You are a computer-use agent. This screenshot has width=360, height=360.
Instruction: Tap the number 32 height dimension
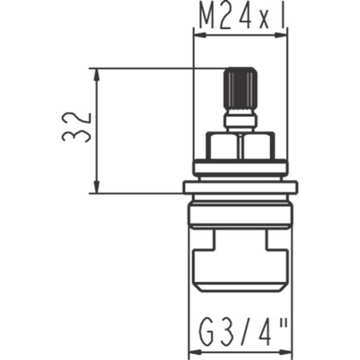point(76,127)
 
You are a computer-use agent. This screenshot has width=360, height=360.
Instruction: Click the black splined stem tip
point(240,88)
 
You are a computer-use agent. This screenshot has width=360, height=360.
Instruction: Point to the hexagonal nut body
point(240,146)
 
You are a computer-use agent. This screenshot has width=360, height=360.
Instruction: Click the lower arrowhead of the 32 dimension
point(96,186)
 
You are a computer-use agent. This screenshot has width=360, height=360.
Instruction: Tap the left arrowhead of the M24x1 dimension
point(200,35)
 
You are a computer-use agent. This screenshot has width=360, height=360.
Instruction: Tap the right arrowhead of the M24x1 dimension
point(281,35)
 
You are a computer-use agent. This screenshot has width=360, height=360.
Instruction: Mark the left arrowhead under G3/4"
point(196,353)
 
